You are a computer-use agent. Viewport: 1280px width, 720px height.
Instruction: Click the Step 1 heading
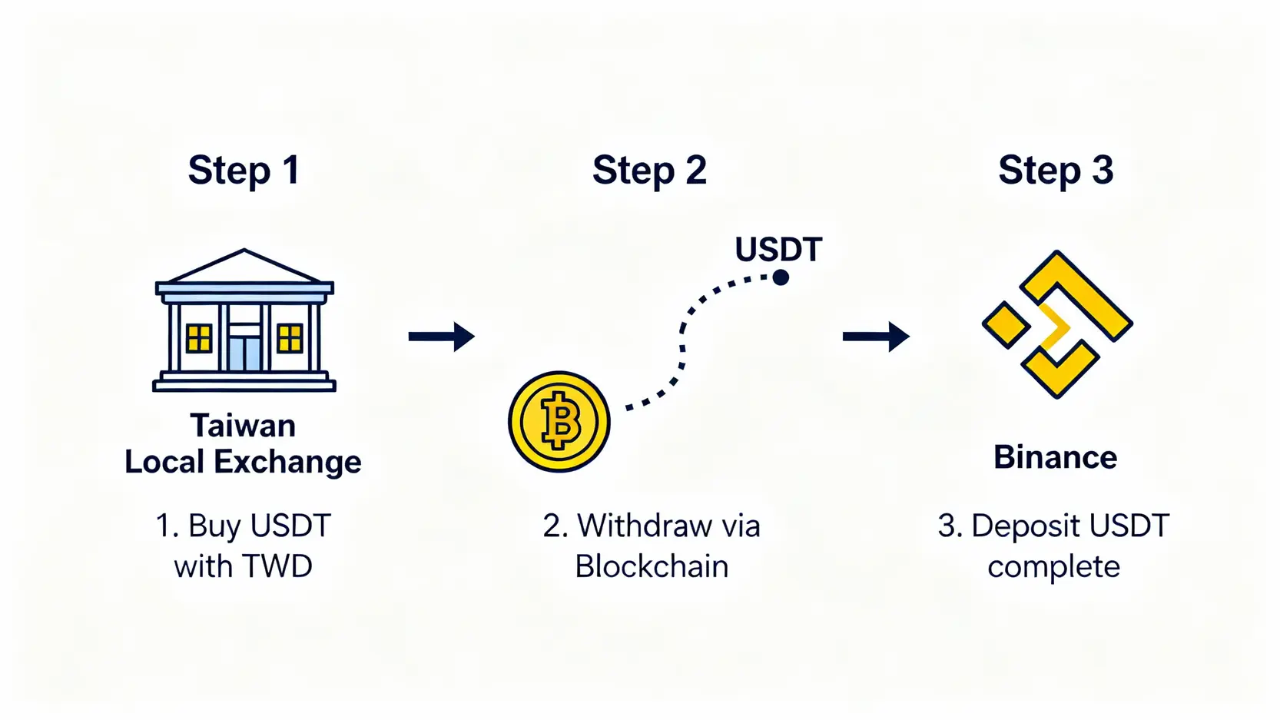[x=244, y=171]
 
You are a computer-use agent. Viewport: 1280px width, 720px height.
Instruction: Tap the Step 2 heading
[x=649, y=171]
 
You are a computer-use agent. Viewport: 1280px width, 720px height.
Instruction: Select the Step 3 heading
[x=1056, y=171]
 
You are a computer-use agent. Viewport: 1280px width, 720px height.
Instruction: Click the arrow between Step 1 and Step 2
[x=442, y=336]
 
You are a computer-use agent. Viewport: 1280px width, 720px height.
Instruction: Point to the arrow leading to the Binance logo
[x=876, y=336]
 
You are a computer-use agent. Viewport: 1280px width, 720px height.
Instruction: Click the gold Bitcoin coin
[x=559, y=422]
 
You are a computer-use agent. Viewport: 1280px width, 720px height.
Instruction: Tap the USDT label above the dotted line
[x=778, y=250]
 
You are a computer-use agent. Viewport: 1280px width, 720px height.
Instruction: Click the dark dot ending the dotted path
[x=781, y=277]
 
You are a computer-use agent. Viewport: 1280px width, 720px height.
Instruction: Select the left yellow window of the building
[x=199, y=338]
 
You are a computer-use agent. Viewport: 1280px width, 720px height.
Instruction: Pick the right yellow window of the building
[x=290, y=338]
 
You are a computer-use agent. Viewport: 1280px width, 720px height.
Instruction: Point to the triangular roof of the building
[x=244, y=267]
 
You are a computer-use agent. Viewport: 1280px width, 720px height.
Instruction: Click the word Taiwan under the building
[x=243, y=426]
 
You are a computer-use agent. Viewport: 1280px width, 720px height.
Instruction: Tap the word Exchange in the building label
[x=287, y=462]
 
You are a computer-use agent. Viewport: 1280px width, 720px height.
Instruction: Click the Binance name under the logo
[x=1055, y=458]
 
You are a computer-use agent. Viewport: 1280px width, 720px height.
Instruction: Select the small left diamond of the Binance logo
[x=1006, y=324]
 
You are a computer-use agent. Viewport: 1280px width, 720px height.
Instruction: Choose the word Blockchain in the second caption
[x=652, y=567]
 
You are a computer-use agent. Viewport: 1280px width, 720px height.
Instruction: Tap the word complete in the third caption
[x=1053, y=567]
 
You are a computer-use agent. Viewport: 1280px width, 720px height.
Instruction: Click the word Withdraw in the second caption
[x=645, y=526]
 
